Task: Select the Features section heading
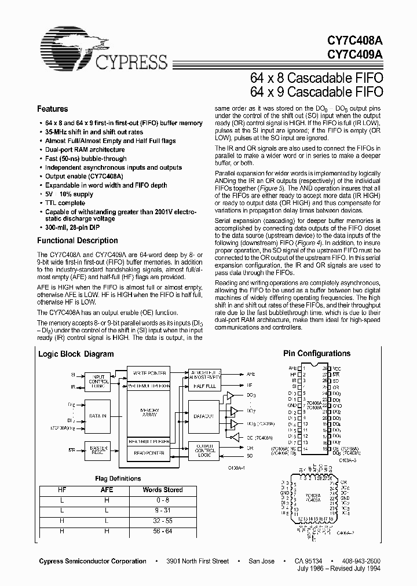point(52,109)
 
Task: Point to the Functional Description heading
point(77,240)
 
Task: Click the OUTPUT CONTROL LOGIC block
point(202,451)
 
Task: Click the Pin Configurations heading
point(316,353)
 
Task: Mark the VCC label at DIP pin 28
point(336,368)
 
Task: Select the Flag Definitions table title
point(118,478)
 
